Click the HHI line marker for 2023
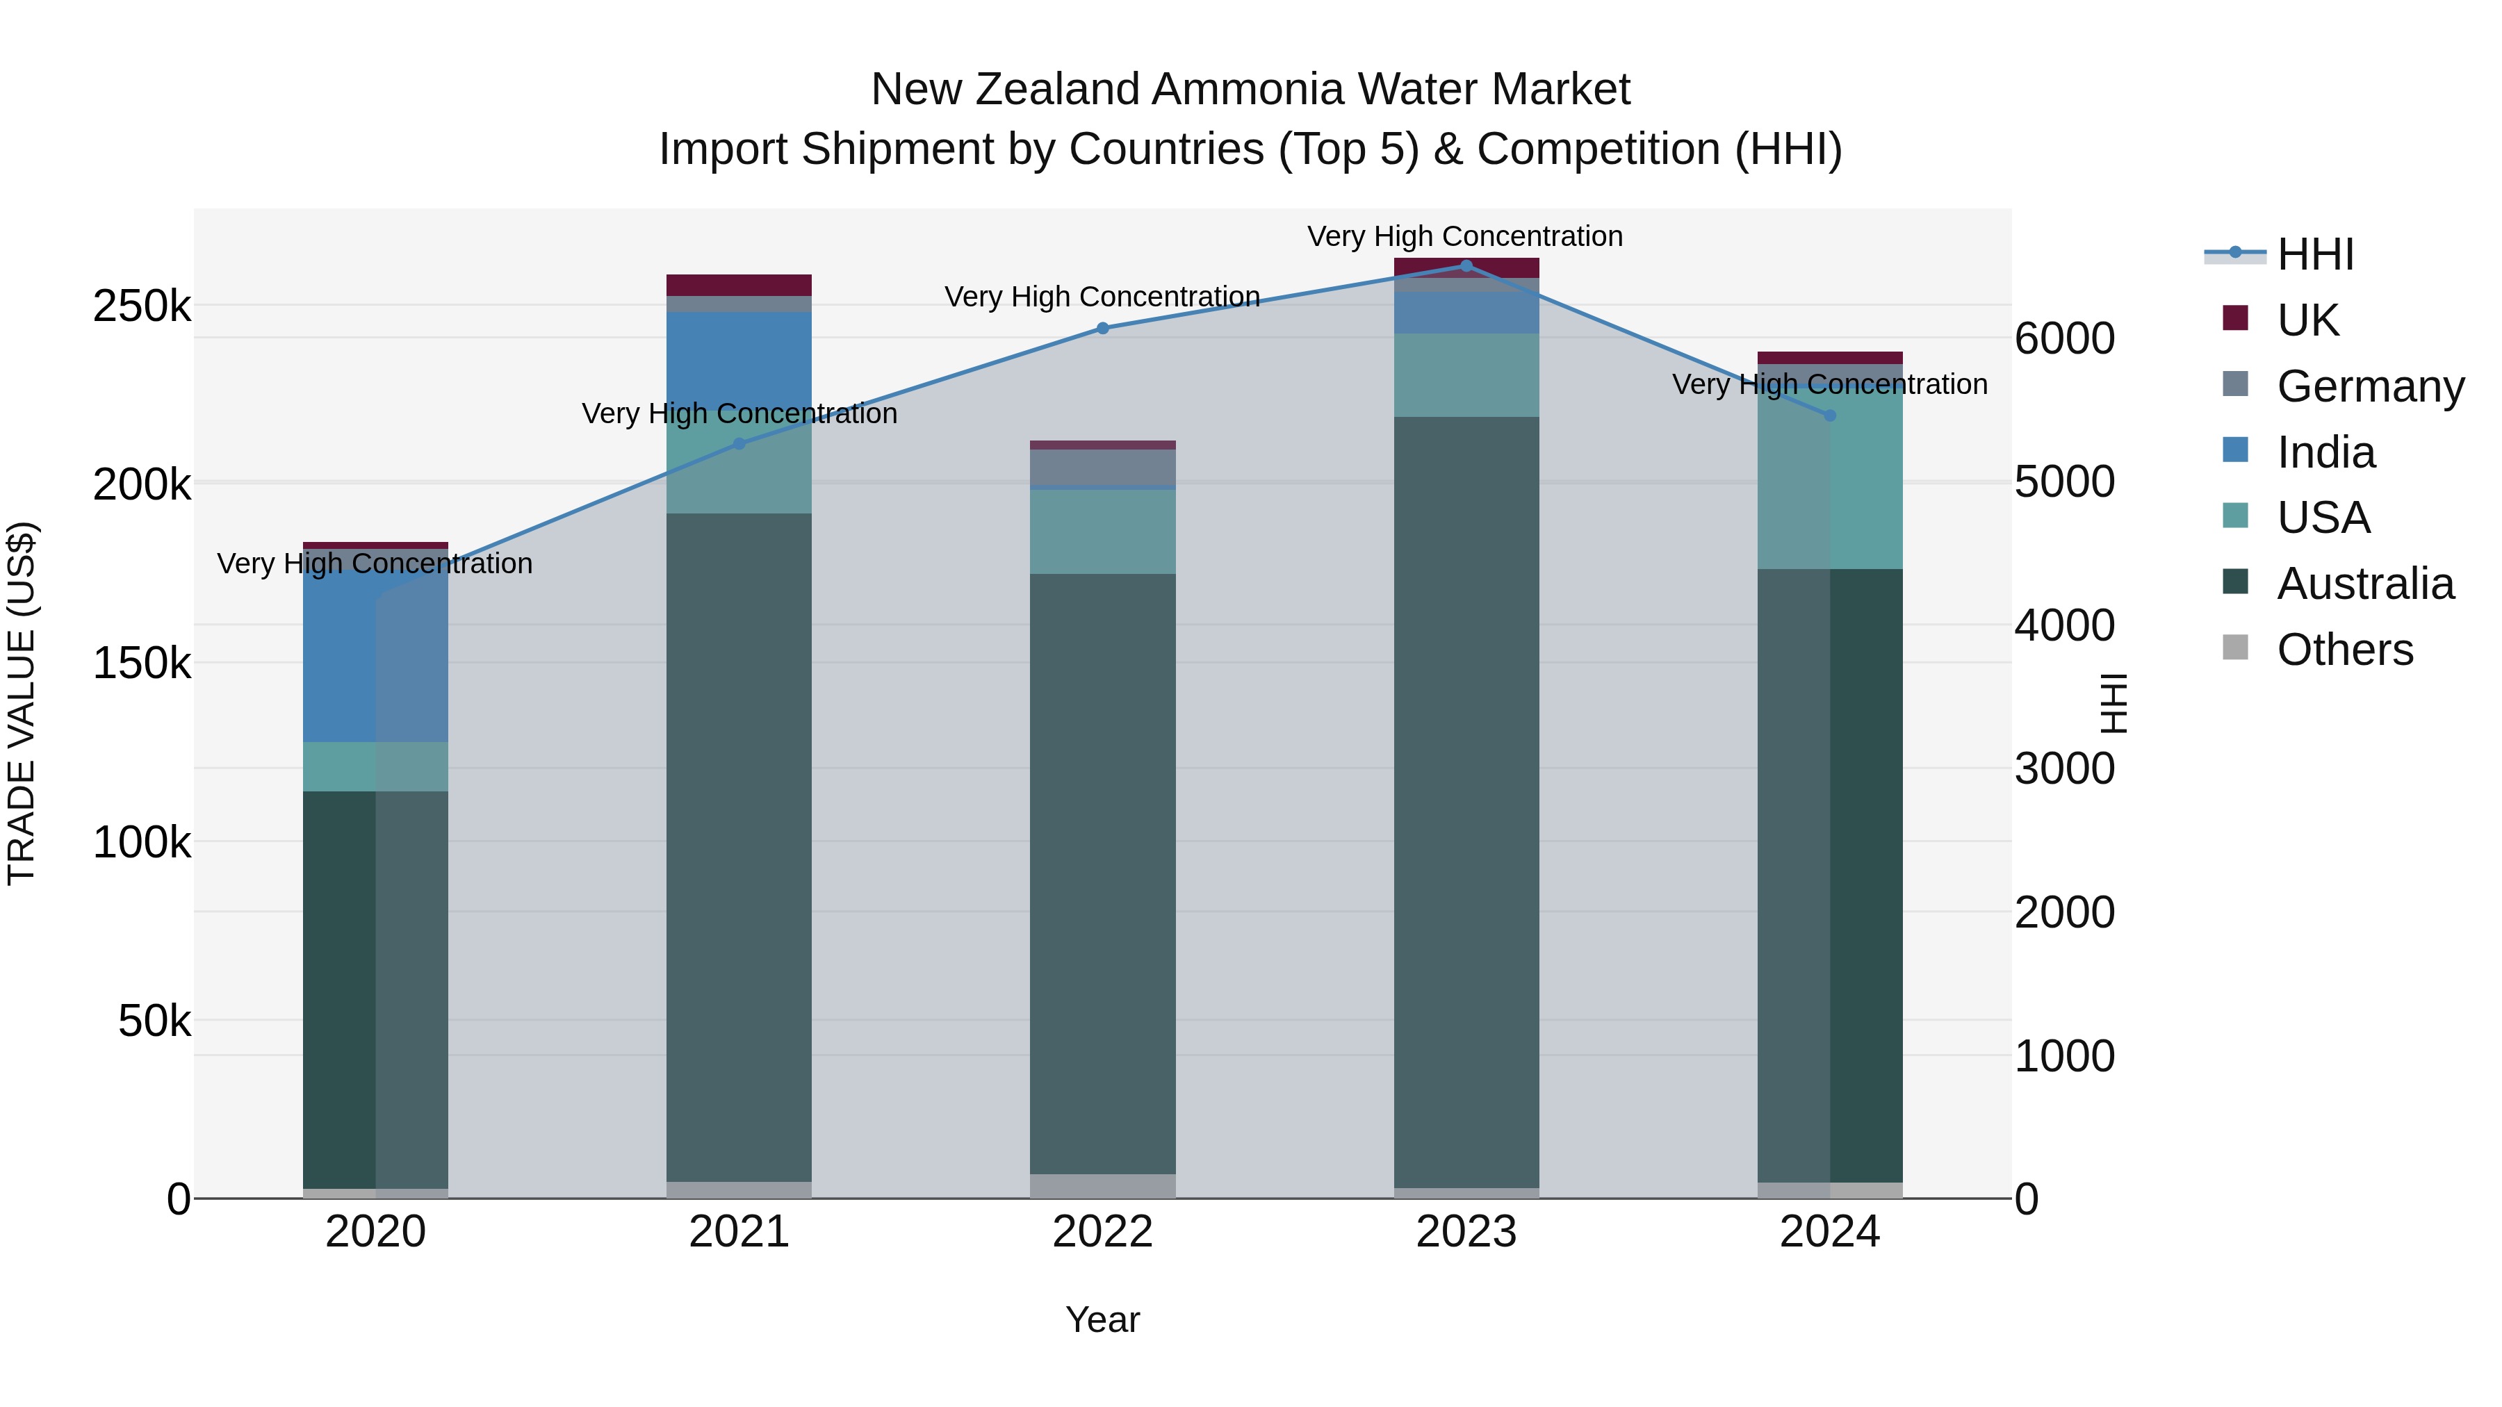(x=1466, y=266)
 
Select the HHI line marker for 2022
(x=1102, y=328)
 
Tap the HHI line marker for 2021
(x=739, y=444)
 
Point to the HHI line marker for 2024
(x=1830, y=415)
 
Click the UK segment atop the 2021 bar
(x=739, y=284)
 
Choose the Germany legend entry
(x=2370, y=386)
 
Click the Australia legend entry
(x=2364, y=584)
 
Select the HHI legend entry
(x=2314, y=254)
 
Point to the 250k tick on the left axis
(x=142, y=307)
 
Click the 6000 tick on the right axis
(x=2064, y=339)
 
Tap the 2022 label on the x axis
(x=1102, y=1232)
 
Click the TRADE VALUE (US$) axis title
(x=22, y=703)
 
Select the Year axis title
(x=1102, y=1319)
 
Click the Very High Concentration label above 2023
(x=1464, y=236)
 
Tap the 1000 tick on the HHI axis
(x=2064, y=1055)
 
